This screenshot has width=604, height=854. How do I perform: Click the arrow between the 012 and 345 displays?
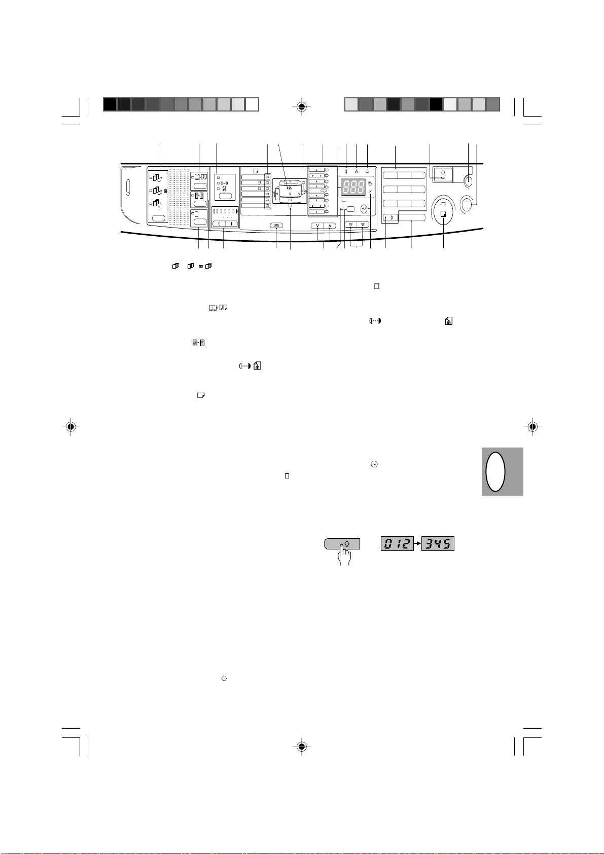[x=417, y=544]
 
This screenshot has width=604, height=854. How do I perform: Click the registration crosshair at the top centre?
[x=302, y=106]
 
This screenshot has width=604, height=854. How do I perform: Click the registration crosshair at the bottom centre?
[x=302, y=746]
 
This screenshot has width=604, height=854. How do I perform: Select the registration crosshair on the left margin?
[x=71, y=426]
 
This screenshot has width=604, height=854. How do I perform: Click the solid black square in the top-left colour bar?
[x=110, y=104]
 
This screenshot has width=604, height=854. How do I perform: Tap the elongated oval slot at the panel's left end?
[x=128, y=188]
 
